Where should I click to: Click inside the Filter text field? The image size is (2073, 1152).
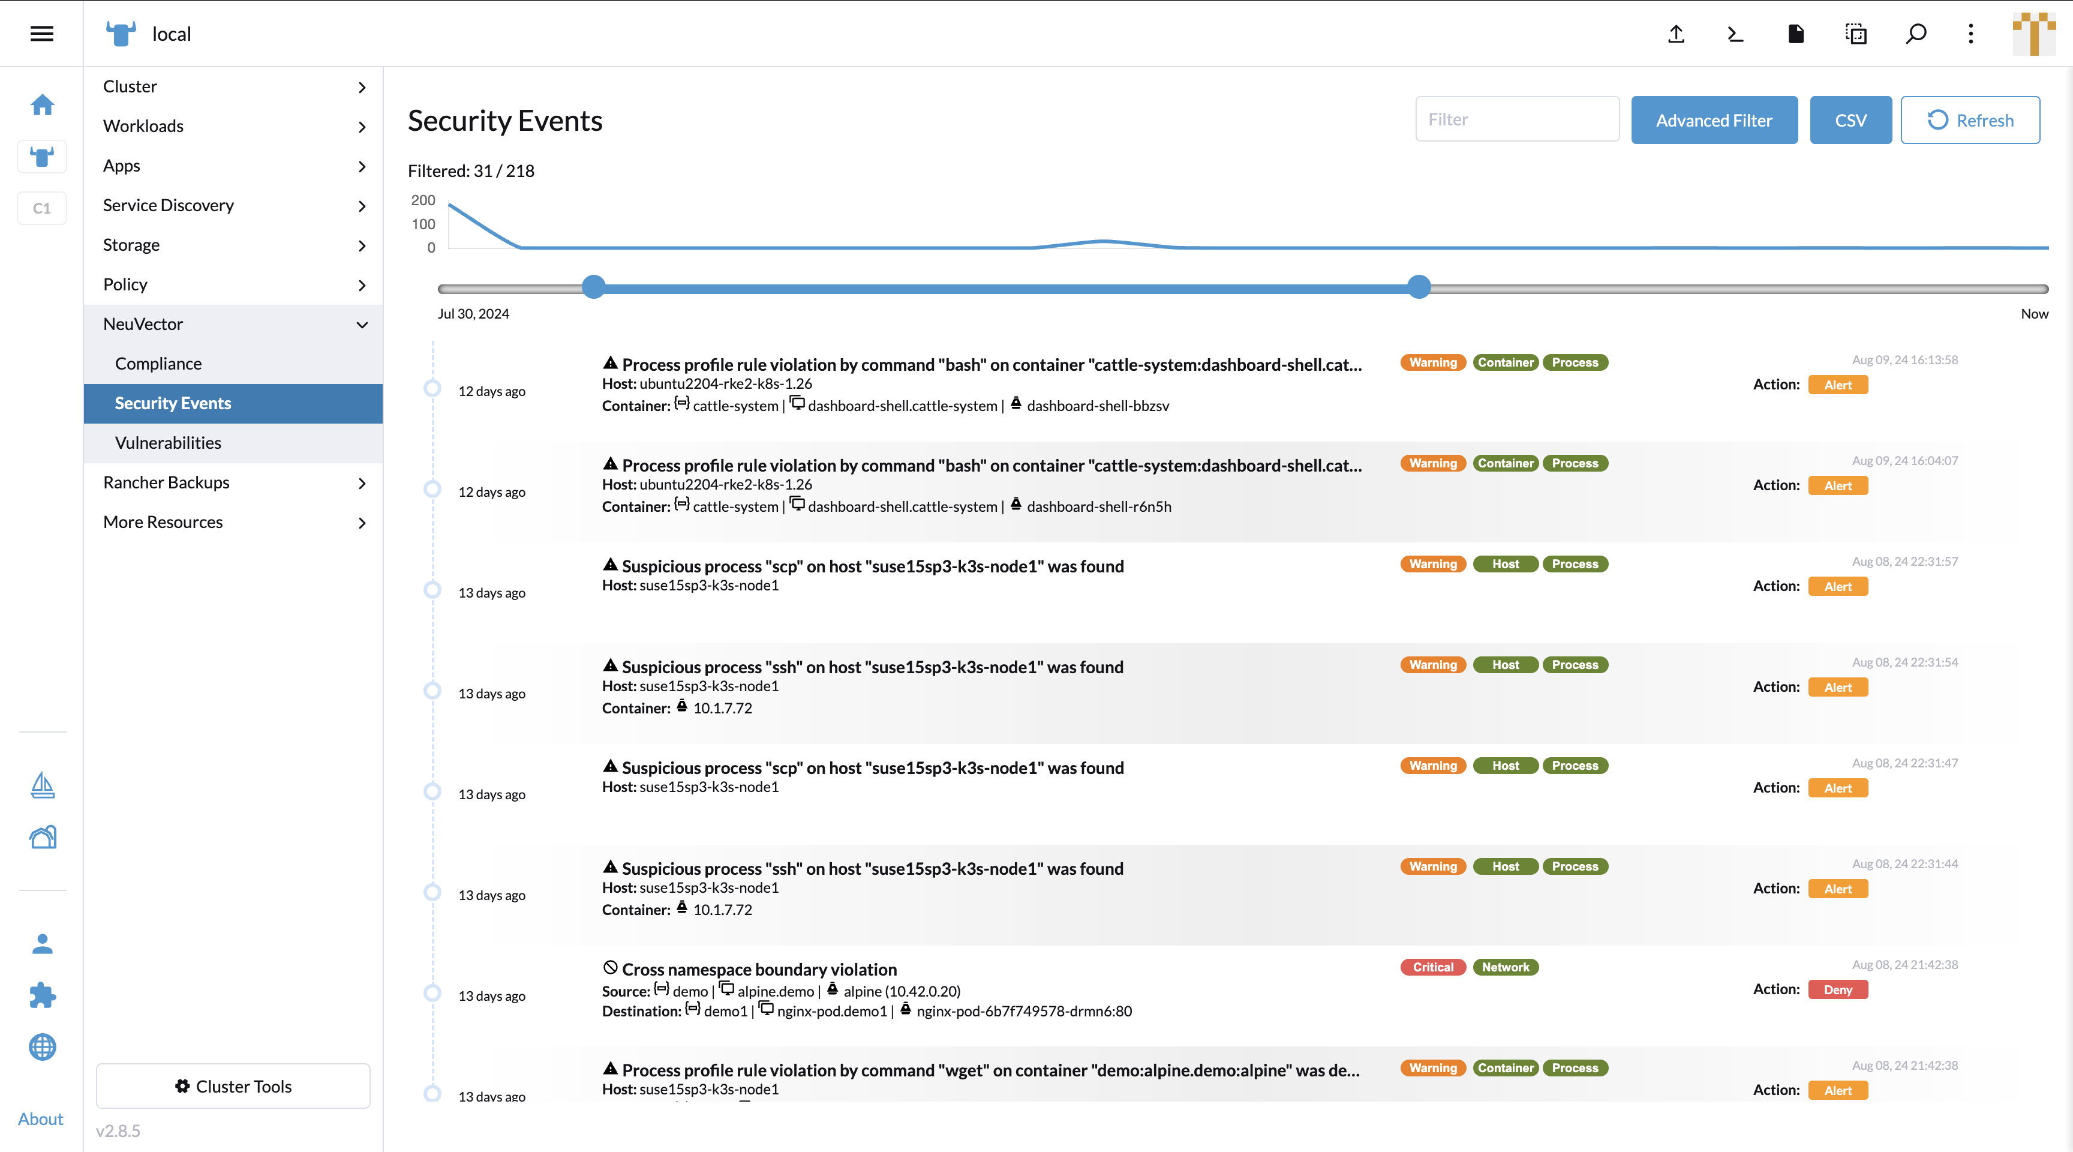click(1516, 119)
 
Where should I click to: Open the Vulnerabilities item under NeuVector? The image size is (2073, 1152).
click(167, 443)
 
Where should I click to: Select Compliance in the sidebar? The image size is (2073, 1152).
click(158, 363)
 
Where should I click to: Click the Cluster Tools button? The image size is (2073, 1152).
click(233, 1086)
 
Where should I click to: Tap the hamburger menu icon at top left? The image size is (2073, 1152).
click(42, 33)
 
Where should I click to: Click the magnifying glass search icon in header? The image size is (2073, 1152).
click(1915, 34)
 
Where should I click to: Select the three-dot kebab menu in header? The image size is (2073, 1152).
click(1971, 34)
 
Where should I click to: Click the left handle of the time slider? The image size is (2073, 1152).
click(593, 287)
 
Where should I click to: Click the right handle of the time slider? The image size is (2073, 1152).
click(1419, 287)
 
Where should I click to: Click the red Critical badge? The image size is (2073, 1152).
click(1432, 967)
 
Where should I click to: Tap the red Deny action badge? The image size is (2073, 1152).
click(1837, 989)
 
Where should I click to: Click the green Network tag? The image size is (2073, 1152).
click(1505, 967)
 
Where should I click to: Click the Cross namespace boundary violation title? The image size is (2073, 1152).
click(759, 969)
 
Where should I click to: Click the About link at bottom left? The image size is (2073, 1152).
click(40, 1118)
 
